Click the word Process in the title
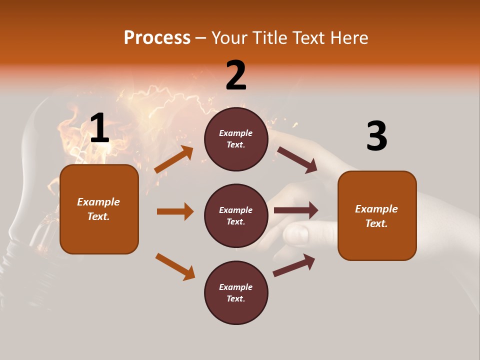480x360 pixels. click(x=157, y=38)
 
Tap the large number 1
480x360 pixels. click(x=99, y=129)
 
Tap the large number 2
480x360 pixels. click(x=236, y=75)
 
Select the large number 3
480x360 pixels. click(x=376, y=136)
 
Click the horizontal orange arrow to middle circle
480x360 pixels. click(x=175, y=211)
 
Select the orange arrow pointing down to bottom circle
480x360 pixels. click(x=175, y=266)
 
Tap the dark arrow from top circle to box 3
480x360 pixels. click(x=297, y=159)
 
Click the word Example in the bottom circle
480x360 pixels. click(x=236, y=287)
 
